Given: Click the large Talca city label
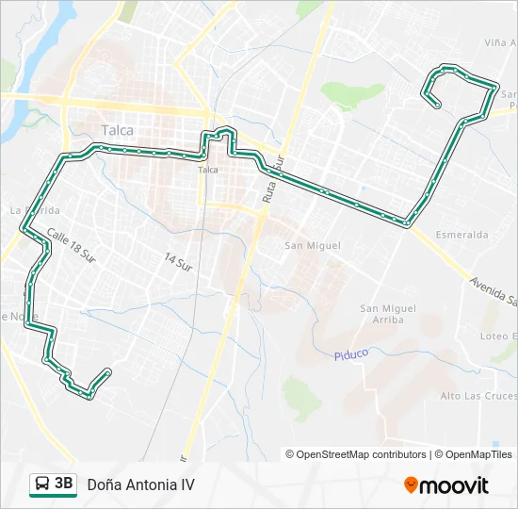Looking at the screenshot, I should [118, 131].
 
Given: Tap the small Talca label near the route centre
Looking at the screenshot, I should [208, 171].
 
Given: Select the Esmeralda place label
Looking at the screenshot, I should [461, 234].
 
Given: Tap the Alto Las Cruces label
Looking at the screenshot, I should [478, 396].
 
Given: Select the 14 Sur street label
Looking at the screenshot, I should [177, 261].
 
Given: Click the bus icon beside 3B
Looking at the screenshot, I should [42, 484].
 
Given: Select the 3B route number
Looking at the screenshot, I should [64, 484].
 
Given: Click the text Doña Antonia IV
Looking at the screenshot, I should [141, 484].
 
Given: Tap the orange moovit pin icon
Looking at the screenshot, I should [411, 485].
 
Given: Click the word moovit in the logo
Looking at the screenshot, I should [454, 485].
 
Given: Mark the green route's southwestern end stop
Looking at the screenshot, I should [109, 371].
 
